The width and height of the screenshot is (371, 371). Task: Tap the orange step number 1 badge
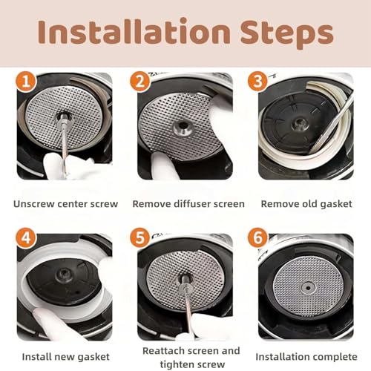(27, 82)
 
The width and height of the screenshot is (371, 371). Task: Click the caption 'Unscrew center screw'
(65, 203)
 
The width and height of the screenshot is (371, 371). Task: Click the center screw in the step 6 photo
(307, 285)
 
